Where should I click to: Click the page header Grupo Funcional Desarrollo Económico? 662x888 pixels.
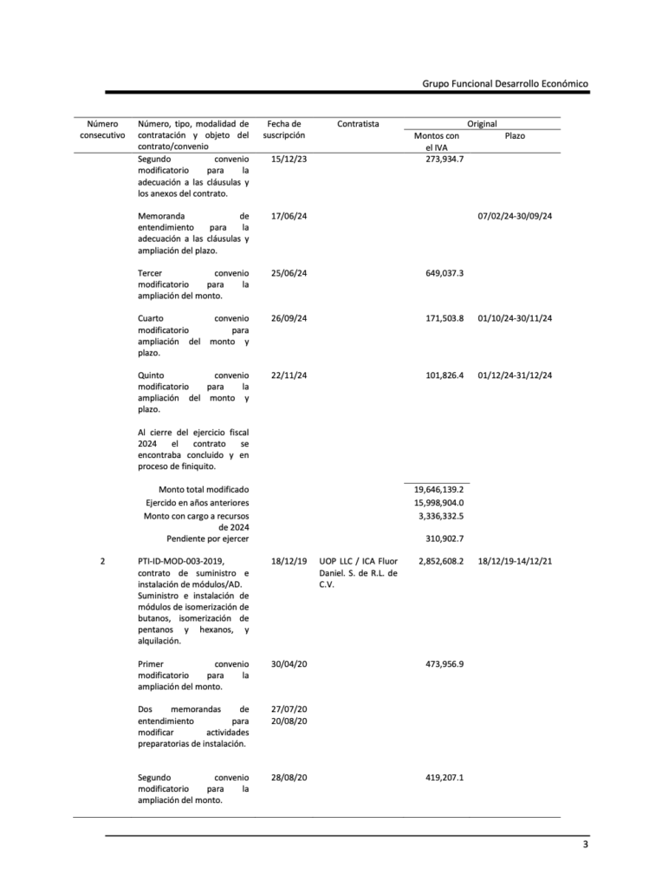click(505, 83)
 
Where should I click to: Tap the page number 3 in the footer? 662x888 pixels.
click(585, 846)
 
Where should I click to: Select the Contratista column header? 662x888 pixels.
click(357, 124)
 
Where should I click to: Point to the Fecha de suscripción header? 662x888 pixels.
click(283, 130)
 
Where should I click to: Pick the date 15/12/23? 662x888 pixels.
click(289, 160)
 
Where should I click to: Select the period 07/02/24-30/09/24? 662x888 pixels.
click(515, 216)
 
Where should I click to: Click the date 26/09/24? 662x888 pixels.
click(289, 318)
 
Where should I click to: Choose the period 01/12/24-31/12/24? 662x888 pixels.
click(515, 375)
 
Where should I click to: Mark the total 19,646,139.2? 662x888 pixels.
click(438, 490)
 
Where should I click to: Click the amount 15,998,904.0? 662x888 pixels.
click(438, 503)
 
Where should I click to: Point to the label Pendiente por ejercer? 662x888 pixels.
click(207, 539)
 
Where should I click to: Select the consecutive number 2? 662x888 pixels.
click(102, 562)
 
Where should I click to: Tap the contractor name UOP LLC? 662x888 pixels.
click(339, 562)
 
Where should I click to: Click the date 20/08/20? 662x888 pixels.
click(289, 721)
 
